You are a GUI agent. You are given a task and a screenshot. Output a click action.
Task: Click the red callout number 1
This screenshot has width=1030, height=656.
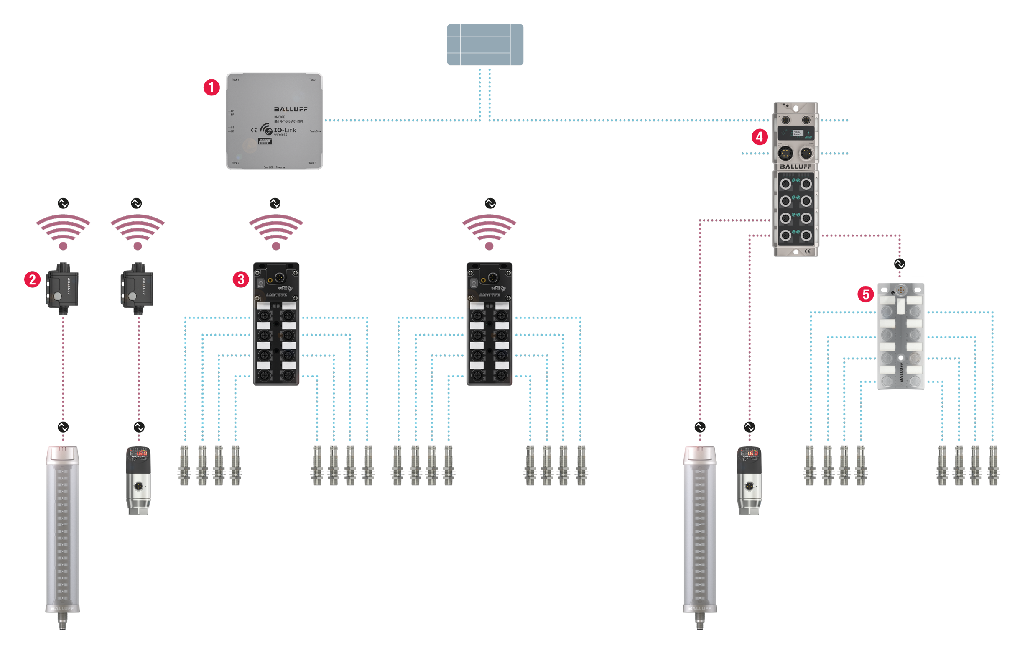(211, 87)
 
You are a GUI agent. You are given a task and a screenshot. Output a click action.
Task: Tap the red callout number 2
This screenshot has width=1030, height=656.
(33, 279)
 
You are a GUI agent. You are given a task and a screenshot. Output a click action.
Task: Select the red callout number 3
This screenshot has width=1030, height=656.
(241, 279)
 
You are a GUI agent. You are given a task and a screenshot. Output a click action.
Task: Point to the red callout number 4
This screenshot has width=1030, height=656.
(759, 137)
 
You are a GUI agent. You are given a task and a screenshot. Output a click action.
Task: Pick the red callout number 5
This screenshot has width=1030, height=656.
(866, 295)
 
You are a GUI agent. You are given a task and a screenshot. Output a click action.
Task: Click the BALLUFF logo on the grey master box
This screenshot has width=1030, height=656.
(291, 109)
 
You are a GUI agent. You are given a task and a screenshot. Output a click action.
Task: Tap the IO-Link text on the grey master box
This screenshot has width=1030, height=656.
(285, 130)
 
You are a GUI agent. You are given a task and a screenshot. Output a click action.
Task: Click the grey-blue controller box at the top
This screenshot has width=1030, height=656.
(485, 44)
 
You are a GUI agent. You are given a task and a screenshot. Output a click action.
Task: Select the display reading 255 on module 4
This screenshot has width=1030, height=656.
(797, 133)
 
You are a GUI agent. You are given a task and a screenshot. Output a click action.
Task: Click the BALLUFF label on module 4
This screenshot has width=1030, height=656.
(795, 167)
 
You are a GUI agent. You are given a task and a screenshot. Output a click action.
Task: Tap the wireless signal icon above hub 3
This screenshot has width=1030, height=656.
(276, 233)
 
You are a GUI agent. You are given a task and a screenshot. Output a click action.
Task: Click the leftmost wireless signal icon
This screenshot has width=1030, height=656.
(63, 233)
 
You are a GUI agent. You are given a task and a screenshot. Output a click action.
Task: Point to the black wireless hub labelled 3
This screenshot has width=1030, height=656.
(276, 324)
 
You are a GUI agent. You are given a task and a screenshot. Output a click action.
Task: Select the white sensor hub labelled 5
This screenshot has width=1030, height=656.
(900, 336)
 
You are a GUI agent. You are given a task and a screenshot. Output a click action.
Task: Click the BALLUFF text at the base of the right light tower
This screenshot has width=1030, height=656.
(699, 608)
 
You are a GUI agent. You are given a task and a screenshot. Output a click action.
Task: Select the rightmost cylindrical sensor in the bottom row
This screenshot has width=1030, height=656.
(993, 467)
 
